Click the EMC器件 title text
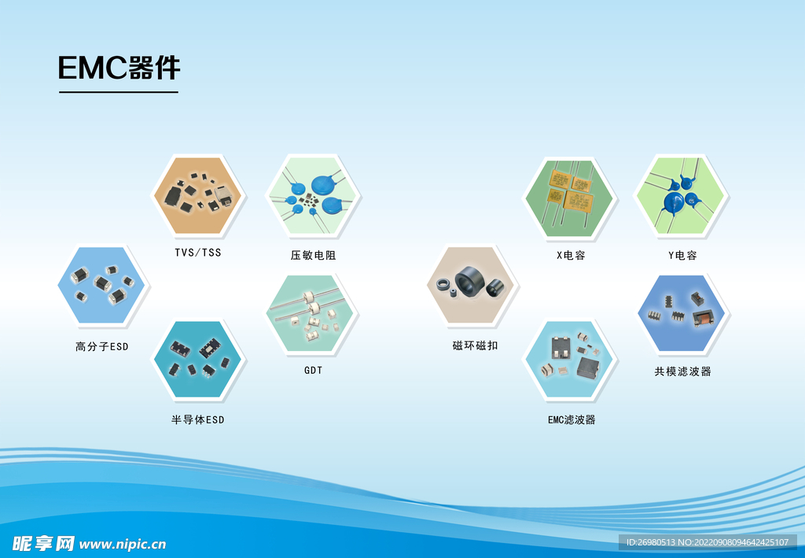119,68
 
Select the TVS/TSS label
197,253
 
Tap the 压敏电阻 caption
313,255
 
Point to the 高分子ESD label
101,347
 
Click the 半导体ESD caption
197,419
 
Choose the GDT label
313,370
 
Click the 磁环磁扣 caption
475,346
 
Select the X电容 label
571,255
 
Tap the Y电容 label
682,255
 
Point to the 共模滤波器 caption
683,371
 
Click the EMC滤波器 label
572,419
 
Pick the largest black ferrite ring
470,282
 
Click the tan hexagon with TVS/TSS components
197,196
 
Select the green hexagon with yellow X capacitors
569,198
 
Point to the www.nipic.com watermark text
123,544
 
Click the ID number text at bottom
708,542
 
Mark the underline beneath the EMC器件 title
119,93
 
